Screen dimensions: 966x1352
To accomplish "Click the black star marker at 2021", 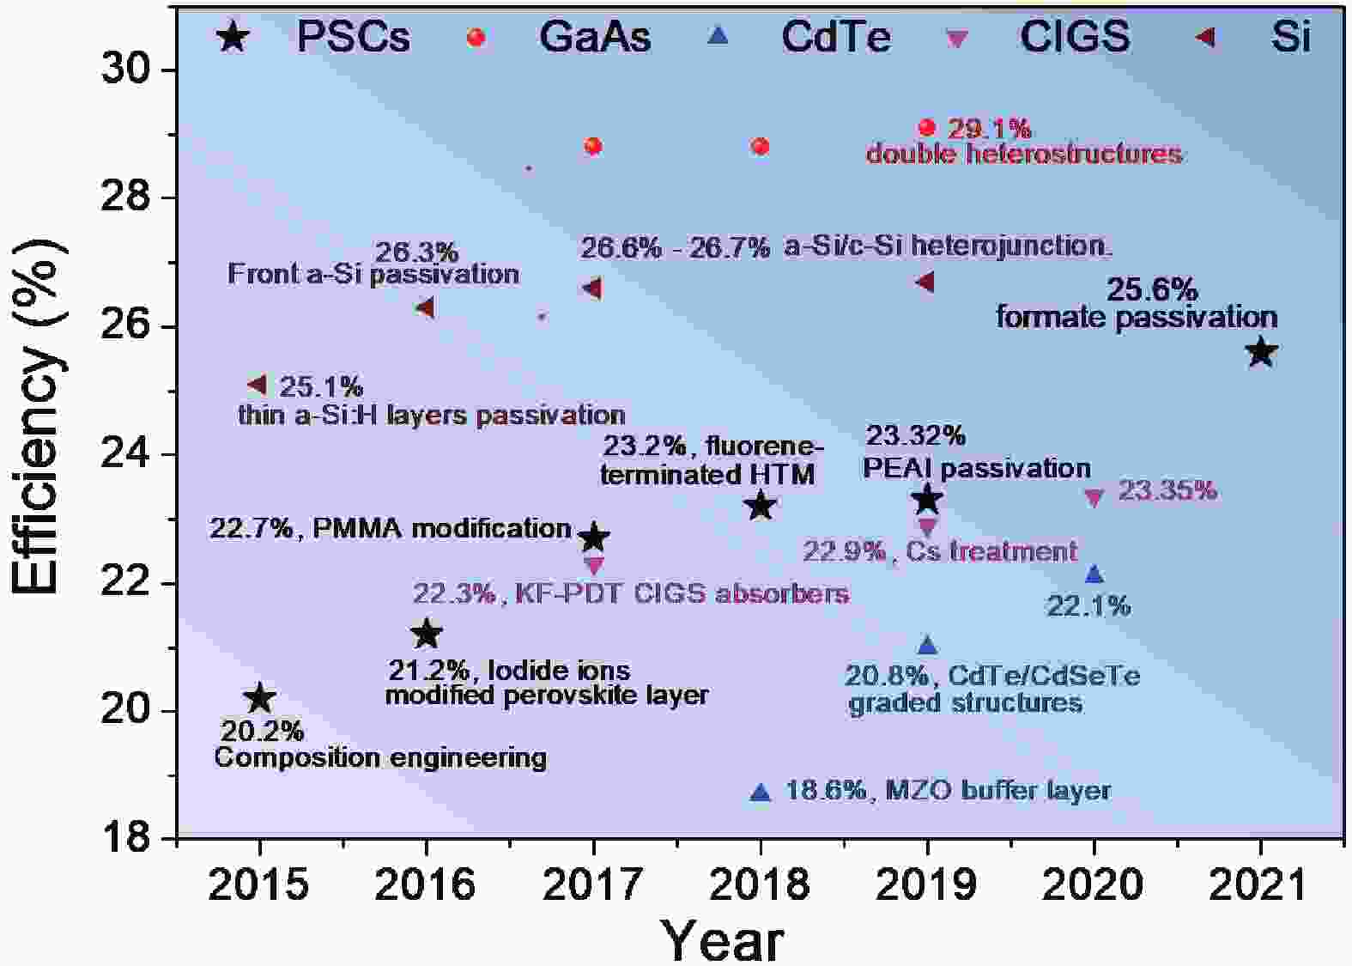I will [x=1260, y=352].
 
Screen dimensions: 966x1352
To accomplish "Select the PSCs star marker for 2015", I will [x=259, y=699].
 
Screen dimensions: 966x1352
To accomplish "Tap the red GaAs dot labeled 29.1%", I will [x=927, y=128].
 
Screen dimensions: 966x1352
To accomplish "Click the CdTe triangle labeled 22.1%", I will [x=1094, y=574].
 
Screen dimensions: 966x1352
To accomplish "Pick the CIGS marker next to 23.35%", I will [x=1094, y=497].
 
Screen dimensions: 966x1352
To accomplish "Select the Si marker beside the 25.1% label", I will [x=258, y=384].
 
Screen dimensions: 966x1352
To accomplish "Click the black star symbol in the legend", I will [x=232, y=39].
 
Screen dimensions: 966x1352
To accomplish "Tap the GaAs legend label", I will [x=595, y=37].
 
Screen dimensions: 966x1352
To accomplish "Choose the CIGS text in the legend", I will [x=1075, y=37].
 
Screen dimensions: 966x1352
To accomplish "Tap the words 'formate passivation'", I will [x=1137, y=318].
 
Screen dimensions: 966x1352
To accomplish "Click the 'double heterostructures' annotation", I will [x=1024, y=154].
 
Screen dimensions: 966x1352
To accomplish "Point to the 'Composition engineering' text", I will [x=380, y=757].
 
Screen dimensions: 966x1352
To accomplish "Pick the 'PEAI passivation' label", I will [x=977, y=469].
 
